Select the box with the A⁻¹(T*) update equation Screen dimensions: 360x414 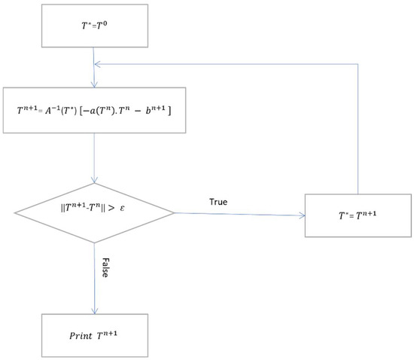[x=93, y=111]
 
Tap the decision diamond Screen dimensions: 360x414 [x=93, y=213]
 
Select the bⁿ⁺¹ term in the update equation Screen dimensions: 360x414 [x=159, y=111]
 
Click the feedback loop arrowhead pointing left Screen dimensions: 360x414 [x=97, y=65]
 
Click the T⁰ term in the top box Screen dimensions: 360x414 [x=102, y=25]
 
